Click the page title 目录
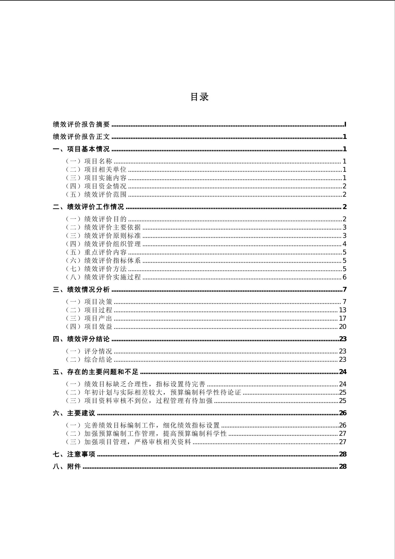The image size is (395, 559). click(x=199, y=97)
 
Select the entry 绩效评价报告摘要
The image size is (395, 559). click(x=81, y=124)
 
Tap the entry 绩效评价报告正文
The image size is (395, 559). click(x=81, y=137)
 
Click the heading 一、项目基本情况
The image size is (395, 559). click(x=81, y=149)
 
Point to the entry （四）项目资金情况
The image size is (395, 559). click(x=96, y=186)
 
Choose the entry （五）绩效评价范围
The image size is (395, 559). click(x=96, y=194)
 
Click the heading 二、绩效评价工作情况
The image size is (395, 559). click(x=88, y=207)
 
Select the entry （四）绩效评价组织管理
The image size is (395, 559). click(x=103, y=244)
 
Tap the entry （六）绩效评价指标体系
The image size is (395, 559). click(x=103, y=260)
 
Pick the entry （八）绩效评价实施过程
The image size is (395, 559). click(x=103, y=277)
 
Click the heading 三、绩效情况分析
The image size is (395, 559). click(x=81, y=289)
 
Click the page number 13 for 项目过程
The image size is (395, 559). click(x=342, y=310)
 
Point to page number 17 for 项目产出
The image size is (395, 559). click(x=342, y=318)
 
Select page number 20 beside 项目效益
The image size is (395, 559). click(x=342, y=327)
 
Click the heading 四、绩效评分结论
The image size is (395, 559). click(x=81, y=339)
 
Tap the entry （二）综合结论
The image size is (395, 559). click(x=89, y=359)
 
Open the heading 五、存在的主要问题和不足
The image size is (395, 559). click(x=96, y=372)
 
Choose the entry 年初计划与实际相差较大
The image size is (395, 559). click(x=153, y=392)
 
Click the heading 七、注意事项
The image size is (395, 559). click(x=74, y=454)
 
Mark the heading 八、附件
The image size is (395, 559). click(x=67, y=467)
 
